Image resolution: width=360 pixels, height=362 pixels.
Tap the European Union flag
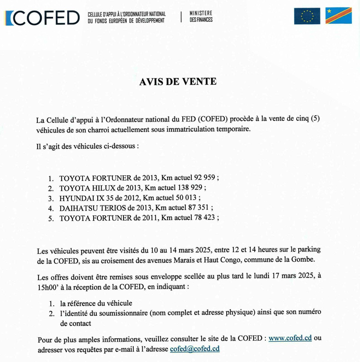tap(307, 16)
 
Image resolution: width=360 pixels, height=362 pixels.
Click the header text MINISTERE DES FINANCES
tap(201, 16)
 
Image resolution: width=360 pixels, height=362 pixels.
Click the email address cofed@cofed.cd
tap(194, 349)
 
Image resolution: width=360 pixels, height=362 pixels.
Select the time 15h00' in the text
tap(49, 287)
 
